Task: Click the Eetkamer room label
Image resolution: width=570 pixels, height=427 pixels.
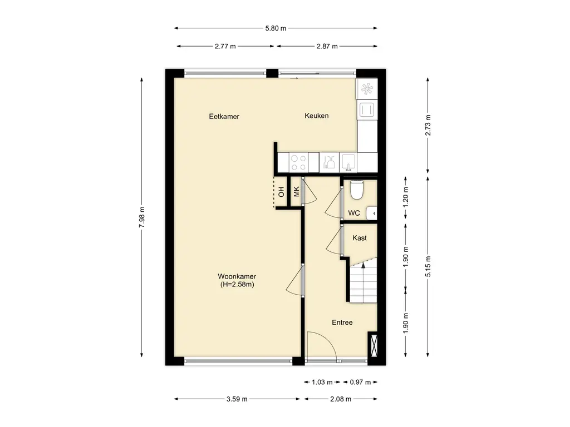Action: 224,117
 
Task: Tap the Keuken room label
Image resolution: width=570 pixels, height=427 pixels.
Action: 317,116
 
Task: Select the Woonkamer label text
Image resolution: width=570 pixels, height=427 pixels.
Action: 237,276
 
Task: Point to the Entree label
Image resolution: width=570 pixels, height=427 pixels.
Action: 342,322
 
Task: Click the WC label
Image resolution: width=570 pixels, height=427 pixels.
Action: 353,213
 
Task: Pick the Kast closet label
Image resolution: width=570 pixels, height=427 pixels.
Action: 360,238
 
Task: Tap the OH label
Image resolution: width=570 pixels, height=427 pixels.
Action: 281,192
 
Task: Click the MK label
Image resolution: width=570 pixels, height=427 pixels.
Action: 296,191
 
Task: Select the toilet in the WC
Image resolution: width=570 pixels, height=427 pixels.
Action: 356,190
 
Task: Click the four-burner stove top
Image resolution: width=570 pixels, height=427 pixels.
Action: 298,162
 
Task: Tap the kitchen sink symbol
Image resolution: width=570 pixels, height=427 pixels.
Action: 348,162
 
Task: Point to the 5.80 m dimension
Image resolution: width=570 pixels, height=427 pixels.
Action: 276,28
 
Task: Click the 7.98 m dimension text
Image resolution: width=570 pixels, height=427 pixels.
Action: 142,217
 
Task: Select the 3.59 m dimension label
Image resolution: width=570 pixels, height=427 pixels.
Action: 237,399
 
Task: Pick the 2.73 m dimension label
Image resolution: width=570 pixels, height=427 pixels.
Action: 428,125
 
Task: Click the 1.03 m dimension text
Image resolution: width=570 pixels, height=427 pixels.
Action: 322,382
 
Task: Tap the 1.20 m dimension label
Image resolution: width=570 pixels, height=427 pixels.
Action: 406,197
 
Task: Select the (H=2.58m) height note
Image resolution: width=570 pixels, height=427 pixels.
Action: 237,285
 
